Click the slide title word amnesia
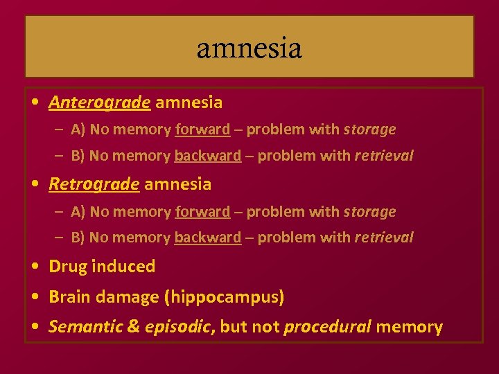click(x=249, y=48)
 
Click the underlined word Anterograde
click(x=99, y=103)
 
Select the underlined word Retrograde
click(x=94, y=184)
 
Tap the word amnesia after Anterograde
click(x=189, y=103)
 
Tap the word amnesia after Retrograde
click(x=178, y=184)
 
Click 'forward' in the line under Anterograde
click(x=202, y=130)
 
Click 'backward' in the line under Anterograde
click(x=207, y=156)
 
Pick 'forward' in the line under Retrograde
click(x=202, y=211)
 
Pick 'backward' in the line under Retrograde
click(x=207, y=238)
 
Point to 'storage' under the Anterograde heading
click(x=369, y=130)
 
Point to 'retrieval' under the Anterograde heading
click(x=383, y=156)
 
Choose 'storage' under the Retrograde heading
click(x=369, y=211)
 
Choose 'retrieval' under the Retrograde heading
click(x=383, y=238)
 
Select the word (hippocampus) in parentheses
click(x=224, y=298)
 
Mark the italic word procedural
click(x=327, y=327)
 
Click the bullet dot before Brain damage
click(x=34, y=298)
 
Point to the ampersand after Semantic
click(x=134, y=327)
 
